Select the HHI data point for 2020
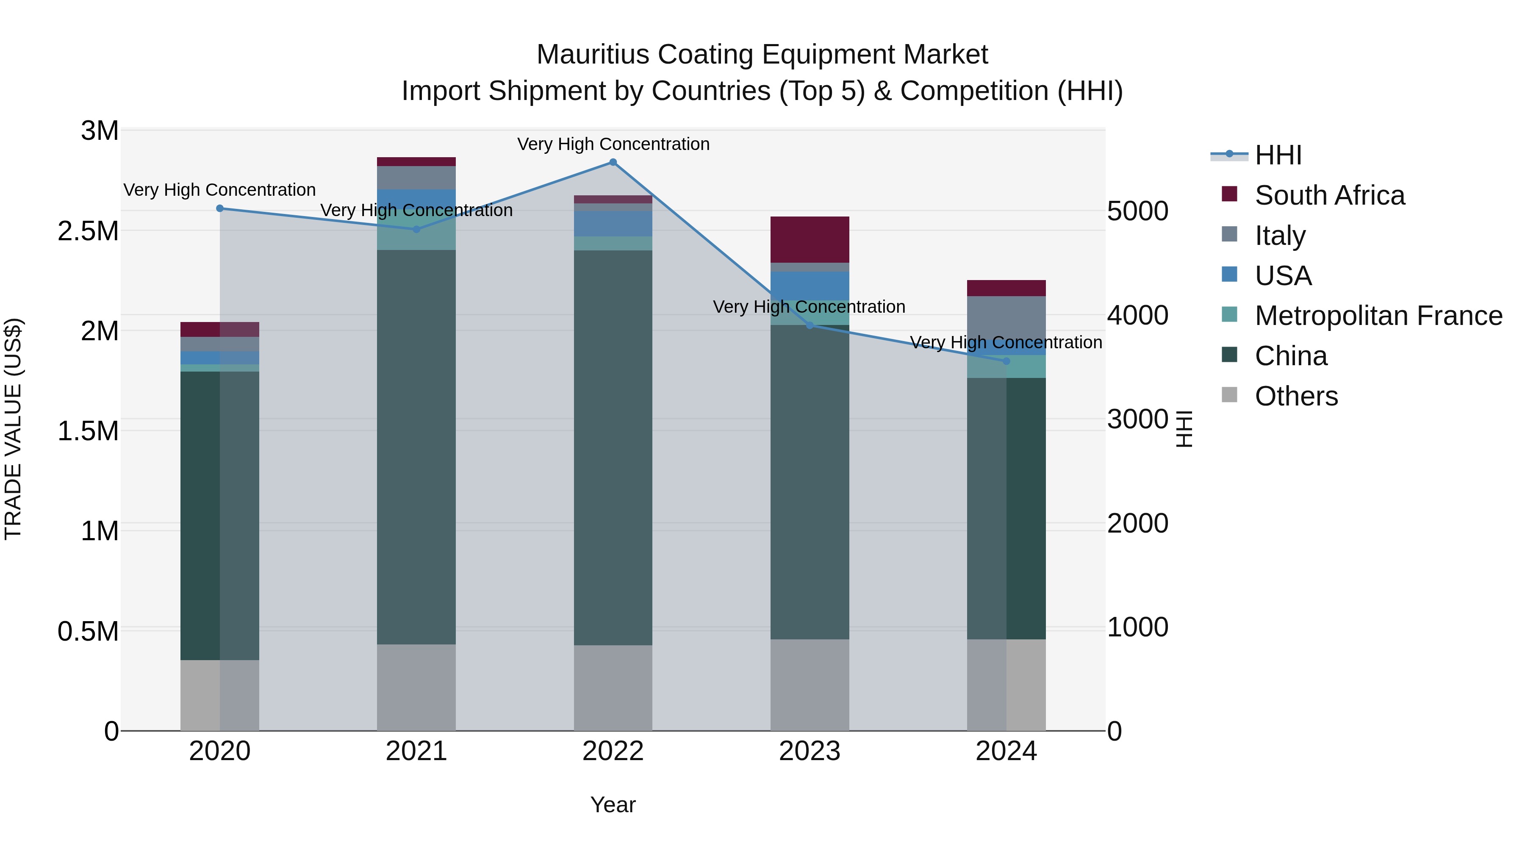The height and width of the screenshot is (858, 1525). click(x=219, y=208)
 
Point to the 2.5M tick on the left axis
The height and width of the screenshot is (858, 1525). click(x=88, y=231)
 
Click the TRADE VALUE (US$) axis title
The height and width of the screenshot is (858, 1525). click(x=13, y=429)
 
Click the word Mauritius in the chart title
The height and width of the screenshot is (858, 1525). click(x=593, y=55)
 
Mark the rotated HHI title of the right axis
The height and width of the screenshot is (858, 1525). click(x=1184, y=429)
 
